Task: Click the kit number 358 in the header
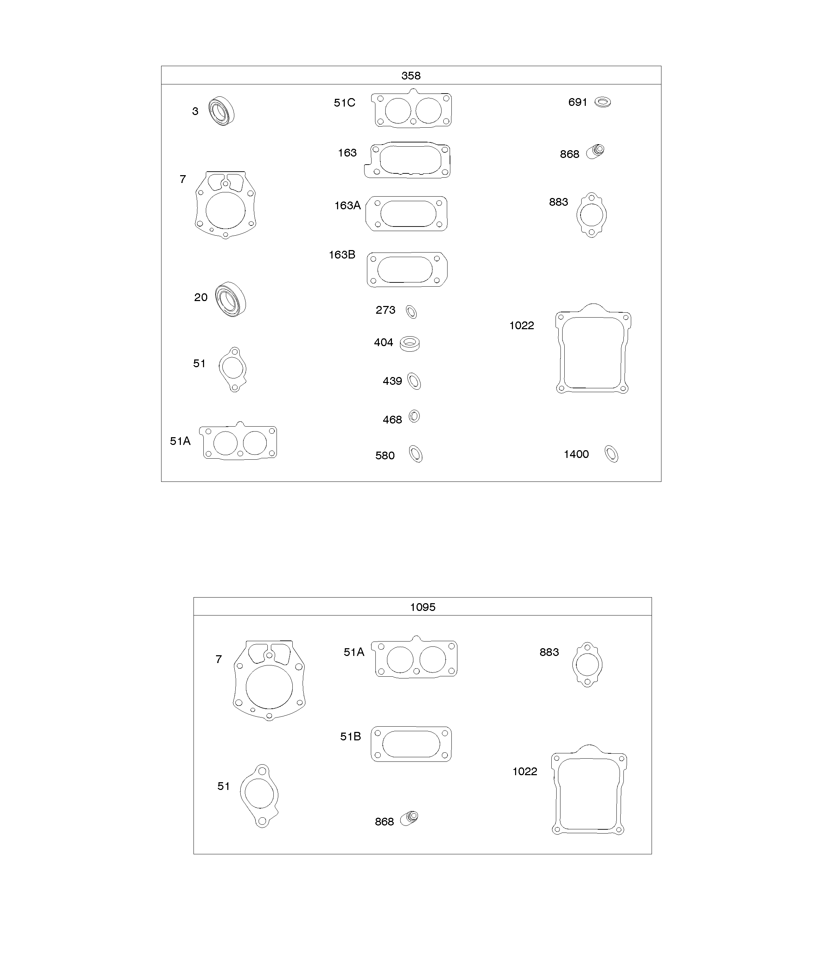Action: (411, 75)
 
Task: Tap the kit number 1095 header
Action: (422, 607)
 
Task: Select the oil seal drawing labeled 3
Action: (221, 111)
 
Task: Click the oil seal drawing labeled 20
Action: (231, 299)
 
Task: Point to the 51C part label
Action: (344, 103)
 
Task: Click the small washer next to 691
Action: (603, 102)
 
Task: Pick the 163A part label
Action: (347, 205)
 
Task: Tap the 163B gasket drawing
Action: (407, 269)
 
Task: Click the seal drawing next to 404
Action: (410, 344)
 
